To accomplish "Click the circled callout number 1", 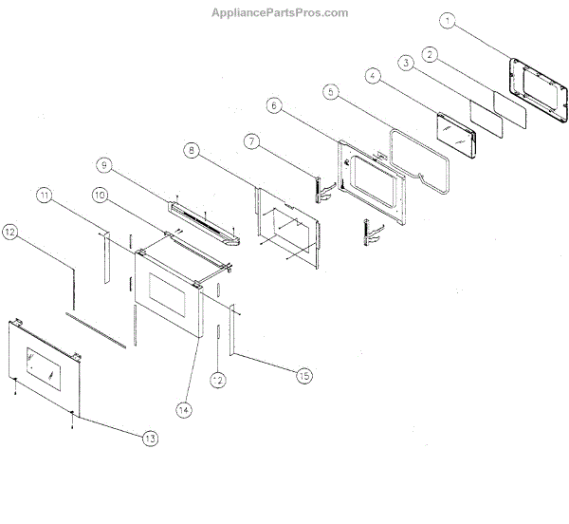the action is pos(449,20).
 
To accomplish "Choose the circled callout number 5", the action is pos(330,92).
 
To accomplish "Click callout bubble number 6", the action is pos(273,105).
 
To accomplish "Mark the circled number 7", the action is pos(250,140).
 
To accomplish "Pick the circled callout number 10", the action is pos(101,196).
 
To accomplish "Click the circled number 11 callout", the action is pos(44,196).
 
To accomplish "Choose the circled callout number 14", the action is pos(184,410).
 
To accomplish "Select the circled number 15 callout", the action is pos(303,376).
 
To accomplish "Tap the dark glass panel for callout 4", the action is pos(455,130).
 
